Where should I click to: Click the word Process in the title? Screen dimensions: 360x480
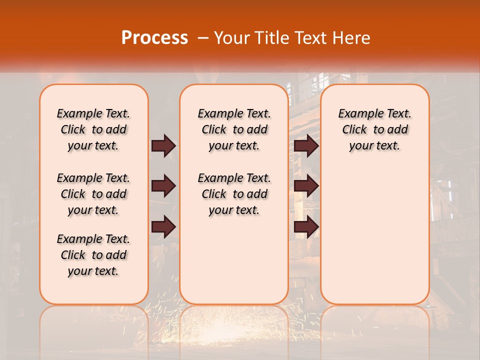click(x=154, y=38)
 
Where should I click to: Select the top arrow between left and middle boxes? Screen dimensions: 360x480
click(x=163, y=145)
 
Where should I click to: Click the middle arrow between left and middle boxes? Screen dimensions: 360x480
click(x=163, y=186)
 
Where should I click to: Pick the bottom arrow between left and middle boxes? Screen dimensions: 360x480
click(x=163, y=226)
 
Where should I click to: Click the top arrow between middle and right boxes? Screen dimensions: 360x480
click(x=306, y=145)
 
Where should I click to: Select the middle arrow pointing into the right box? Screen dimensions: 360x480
click(x=306, y=186)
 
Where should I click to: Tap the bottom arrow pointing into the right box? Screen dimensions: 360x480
click(x=306, y=226)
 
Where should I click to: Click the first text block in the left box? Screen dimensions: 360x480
click(x=93, y=129)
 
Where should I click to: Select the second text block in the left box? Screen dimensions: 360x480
click(x=93, y=194)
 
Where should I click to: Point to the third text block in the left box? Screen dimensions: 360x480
click(x=93, y=255)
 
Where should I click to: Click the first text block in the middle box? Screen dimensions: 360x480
click(x=234, y=129)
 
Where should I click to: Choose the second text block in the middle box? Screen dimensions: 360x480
click(x=234, y=194)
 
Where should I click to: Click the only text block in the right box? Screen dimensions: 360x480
click(x=374, y=129)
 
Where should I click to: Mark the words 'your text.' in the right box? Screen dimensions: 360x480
click(x=374, y=146)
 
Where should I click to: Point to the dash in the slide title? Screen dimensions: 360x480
click(x=203, y=38)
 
